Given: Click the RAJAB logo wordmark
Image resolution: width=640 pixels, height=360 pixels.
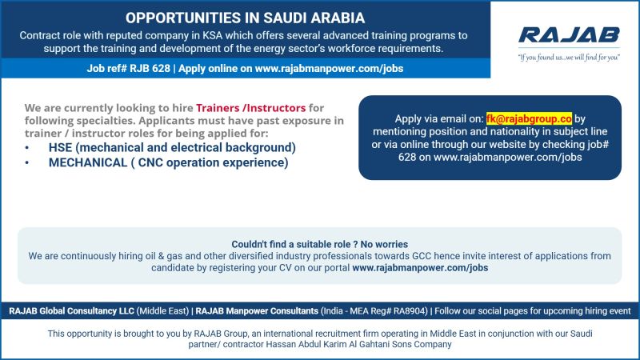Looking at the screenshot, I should click(569, 35).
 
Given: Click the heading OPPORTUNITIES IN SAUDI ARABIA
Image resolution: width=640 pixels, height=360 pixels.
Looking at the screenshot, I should click(246, 17).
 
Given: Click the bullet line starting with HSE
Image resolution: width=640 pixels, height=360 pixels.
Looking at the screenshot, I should click(172, 148).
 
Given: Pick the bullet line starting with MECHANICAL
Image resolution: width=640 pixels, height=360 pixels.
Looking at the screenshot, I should click(168, 162).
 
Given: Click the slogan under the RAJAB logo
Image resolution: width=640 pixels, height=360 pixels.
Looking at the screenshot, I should click(569, 57).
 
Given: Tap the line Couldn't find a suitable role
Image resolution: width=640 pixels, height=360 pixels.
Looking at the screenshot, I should click(319, 244).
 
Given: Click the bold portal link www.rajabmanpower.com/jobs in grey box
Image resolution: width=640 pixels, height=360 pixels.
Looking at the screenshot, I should click(420, 268).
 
